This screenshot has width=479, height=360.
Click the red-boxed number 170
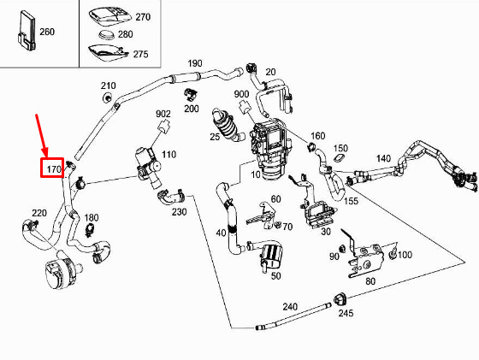(x=53, y=168)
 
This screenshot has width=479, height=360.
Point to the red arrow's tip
(x=46, y=156)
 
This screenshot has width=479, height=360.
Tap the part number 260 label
(x=47, y=32)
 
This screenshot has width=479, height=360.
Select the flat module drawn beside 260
(x=27, y=31)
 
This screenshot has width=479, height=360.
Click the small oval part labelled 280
(x=107, y=34)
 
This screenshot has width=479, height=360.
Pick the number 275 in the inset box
(x=140, y=54)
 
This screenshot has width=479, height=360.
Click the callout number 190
(x=195, y=63)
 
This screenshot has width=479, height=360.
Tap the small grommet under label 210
(x=107, y=98)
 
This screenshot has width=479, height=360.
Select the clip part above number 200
(x=190, y=94)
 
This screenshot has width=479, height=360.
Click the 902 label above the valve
(x=163, y=114)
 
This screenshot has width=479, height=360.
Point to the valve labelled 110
(x=148, y=167)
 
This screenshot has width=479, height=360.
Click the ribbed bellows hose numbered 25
(x=228, y=125)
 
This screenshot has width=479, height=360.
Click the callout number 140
(x=383, y=158)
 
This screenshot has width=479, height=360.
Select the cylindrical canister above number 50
(x=270, y=253)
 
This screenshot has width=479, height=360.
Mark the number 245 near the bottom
(x=346, y=313)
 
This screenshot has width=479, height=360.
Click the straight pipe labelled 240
(x=293, y=316)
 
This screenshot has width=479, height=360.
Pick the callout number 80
(x=370, y=281)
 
